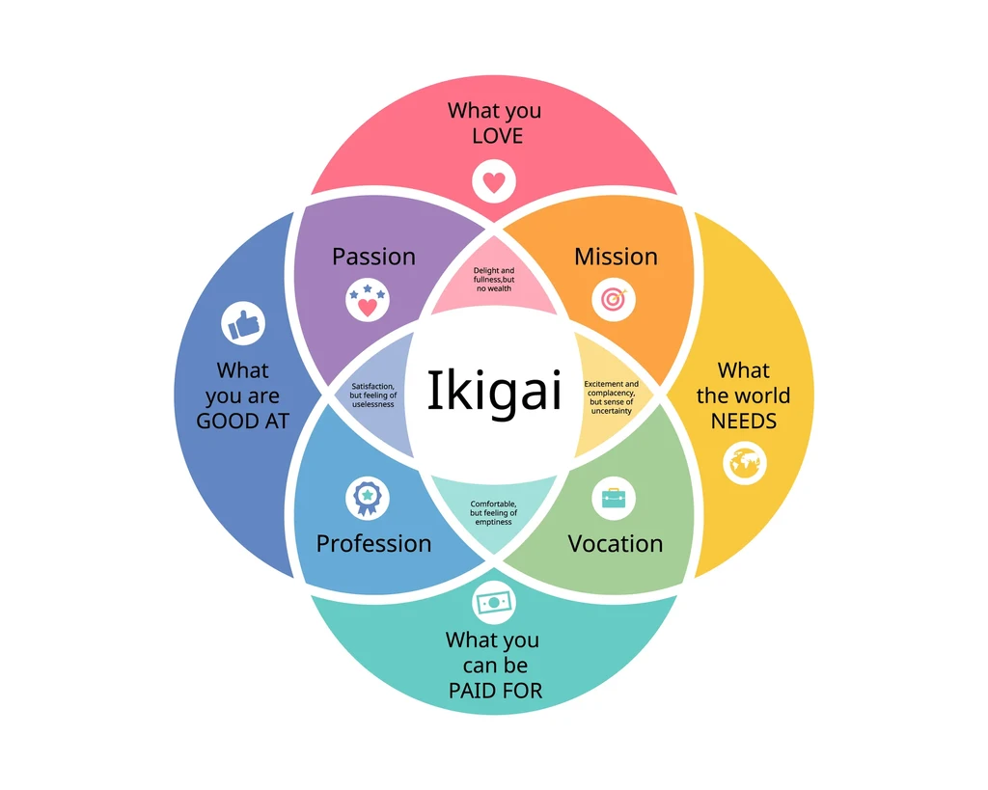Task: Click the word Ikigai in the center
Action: click(x=494, y=392)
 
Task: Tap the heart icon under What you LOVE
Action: click(x=494, y=181)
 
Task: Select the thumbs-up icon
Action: click(x=244, y=324)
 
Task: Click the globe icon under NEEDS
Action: click(x=744, y=464)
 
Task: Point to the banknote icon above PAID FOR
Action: click(x=494, y=602)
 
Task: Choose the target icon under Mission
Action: click(x=614, y=300)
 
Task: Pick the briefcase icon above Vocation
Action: click(x=614, y=498)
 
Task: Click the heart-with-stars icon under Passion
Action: click(x=367, y=301)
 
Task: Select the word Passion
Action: click(x=373, y=257)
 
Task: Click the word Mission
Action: click(x=616, y=257)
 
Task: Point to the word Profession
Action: click(x=373, y=543)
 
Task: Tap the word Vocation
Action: click(x=616, y=543)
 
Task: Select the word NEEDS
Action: click(x=744, y=422)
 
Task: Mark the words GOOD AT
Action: click(x=243, y=422)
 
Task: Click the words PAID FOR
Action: click(x=495, y=691)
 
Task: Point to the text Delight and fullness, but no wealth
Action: click(x=494, y=280)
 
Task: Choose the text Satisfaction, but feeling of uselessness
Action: click(x=372, y=395)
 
